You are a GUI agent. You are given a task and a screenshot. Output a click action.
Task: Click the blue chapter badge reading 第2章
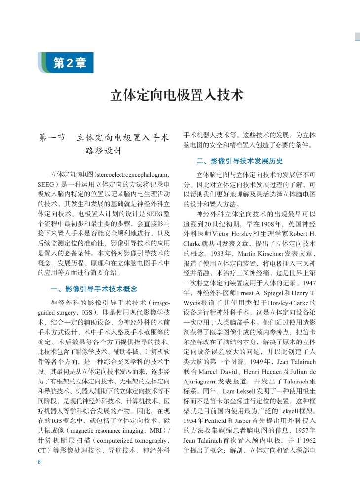pyautogui.click(x=69, y=63)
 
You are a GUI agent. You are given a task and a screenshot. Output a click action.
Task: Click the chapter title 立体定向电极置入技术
pyautogui.click(x=176, y=95)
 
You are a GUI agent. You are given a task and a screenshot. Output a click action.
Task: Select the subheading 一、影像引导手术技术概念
pyautogui.click(x=94, y=289)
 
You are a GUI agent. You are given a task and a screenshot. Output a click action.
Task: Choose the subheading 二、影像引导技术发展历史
pyautogui.click(x=240, y=161)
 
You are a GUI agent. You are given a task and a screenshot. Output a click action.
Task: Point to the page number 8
pyautogui.click(x=39, y=462)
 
